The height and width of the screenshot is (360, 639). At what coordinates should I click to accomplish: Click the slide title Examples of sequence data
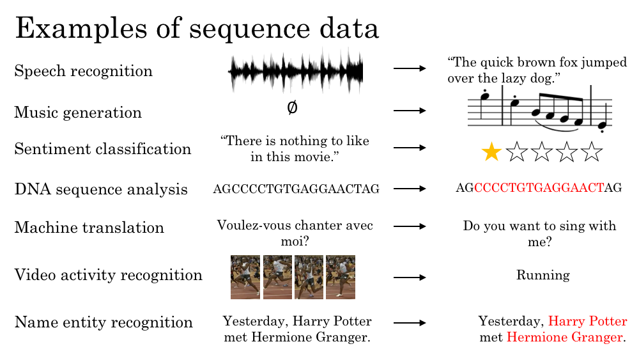click(197, 29)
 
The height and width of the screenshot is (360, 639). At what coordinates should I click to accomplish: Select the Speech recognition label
click(84, 71)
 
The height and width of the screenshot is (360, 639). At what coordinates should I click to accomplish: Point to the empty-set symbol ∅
click(292, 107)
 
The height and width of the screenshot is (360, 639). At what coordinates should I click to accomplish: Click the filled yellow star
click(491, 152)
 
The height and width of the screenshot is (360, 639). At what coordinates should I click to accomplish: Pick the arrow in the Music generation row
click(410, 110)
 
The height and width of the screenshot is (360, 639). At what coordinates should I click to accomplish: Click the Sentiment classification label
click(103, 149)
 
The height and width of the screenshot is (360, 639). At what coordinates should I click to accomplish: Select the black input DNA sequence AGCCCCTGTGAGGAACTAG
click(296, 189)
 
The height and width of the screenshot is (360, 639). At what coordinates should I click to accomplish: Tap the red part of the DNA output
click(539, 187)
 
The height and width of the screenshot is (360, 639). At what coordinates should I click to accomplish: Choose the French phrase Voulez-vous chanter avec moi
click(295, 233)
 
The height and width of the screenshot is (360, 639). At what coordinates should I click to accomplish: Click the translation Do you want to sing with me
click(539, 233)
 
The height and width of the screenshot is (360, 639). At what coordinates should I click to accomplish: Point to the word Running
click(543, 275)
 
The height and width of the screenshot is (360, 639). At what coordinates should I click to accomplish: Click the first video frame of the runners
click(245, 278)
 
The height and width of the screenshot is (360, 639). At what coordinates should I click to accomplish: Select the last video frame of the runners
click(341, 278)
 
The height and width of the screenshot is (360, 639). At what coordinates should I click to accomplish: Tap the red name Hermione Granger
click(565, 337)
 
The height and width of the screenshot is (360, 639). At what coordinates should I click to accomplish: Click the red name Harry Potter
click(588, 321)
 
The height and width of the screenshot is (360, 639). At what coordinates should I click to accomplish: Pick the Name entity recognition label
click(104, 322)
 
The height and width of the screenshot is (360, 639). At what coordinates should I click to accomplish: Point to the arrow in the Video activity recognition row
click(410, 278)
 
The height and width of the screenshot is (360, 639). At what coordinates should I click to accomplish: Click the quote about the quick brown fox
click(537, 70)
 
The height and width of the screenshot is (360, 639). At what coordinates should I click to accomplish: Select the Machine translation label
click(89, 228)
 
